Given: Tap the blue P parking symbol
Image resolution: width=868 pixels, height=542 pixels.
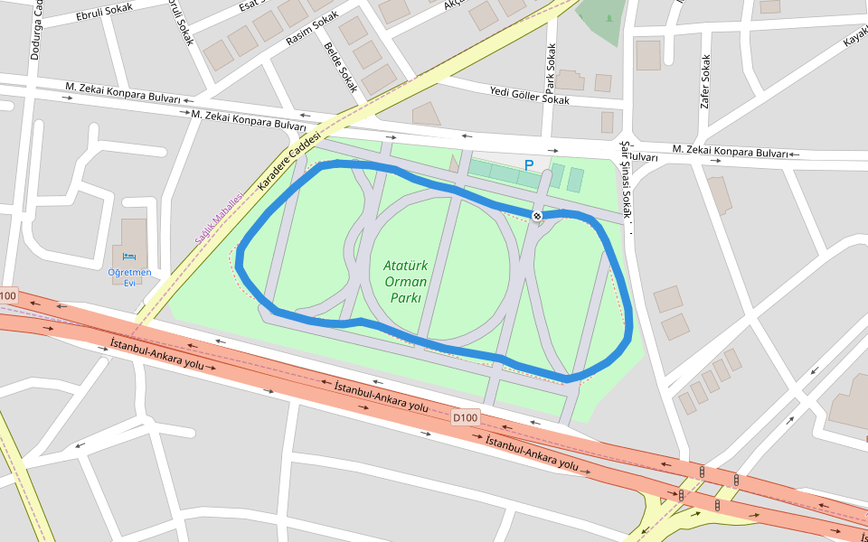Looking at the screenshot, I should tap(529, 165).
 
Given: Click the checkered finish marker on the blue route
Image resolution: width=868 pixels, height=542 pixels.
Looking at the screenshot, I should tap(537, 216).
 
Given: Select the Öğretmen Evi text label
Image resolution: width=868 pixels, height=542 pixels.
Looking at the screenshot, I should tap(129, 276).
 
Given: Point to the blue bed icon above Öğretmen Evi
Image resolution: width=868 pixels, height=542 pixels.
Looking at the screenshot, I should tap(128, 257).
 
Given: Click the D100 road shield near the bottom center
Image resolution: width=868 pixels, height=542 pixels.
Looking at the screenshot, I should tap(465, 417).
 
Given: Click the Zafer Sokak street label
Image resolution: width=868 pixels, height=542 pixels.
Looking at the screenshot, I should tap(705, 81).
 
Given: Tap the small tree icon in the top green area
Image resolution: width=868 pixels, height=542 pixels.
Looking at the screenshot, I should tap(609, 17).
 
